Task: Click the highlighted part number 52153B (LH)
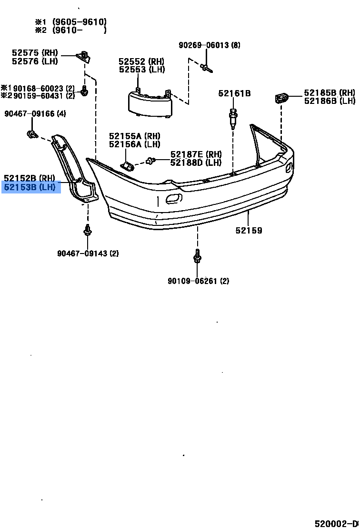click(30, 187)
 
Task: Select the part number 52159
click(249, 230)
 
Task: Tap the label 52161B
click(234, 93)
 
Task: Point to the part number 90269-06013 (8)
click(209, 45)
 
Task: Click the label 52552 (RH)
click(141, 61)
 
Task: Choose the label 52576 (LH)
click(35, 61)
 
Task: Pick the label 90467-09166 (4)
click(35, 113)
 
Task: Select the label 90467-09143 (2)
click(88, 253)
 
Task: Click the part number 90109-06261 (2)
click(198, 281)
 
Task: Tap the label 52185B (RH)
click(330, 92)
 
